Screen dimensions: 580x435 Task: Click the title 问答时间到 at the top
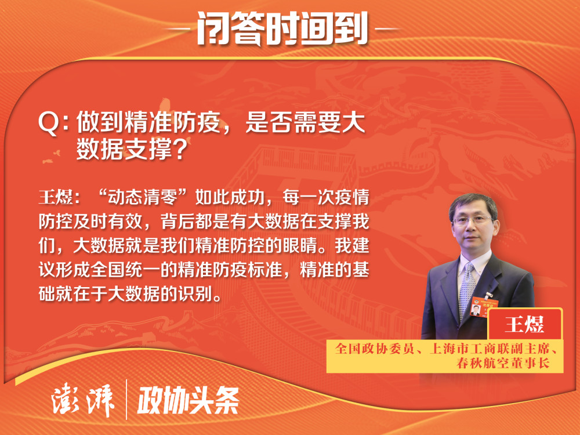[282, 28]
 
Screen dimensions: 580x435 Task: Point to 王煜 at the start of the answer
[56, 197]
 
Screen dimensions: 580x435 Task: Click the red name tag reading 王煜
[525, 324]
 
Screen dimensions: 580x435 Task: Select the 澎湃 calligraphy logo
[82, 401]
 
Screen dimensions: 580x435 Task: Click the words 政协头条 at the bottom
[188, 400]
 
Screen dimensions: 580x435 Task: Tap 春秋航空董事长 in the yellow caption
[503, 363]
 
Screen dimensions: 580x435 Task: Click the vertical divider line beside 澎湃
[126, 400]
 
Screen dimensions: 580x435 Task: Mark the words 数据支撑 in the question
[124, 149]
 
